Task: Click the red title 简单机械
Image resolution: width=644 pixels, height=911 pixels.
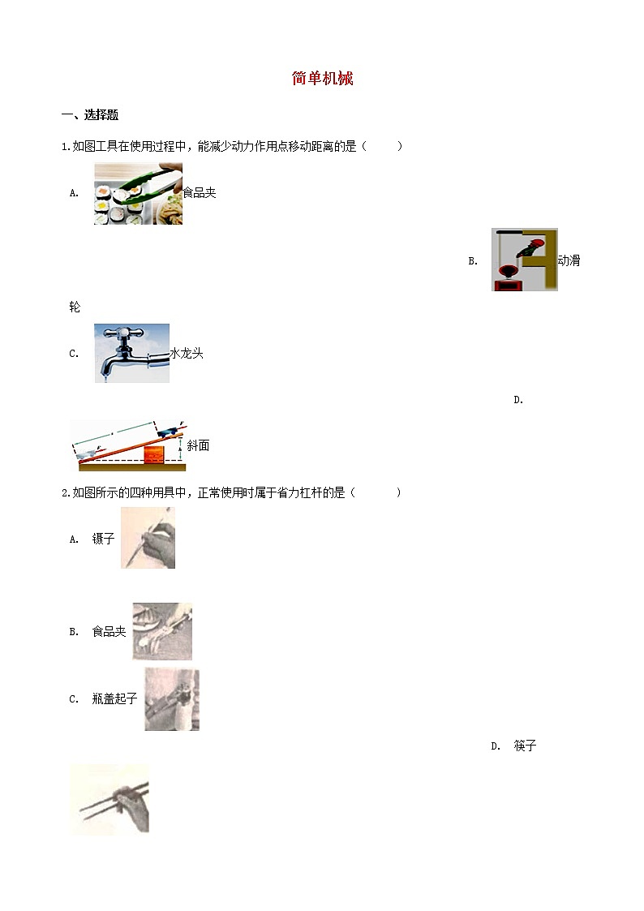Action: click(x=322, y=79)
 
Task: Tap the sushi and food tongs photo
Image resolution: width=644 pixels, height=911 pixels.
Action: click(x=138, y=193)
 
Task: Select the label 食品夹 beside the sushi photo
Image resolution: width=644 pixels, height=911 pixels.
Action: click(x=200, y=193)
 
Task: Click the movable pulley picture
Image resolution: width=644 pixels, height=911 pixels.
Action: click(x=524, y=260)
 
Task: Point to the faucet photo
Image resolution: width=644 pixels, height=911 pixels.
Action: click(x=131, y=352)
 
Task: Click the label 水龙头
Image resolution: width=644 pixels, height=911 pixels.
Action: click(x=187, y=353)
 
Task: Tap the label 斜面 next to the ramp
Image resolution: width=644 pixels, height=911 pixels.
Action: click(x=198, y=446)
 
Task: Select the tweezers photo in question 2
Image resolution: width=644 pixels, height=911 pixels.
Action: click(x=148, y=537)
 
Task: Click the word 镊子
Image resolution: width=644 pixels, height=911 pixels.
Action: click(x=104, y=539)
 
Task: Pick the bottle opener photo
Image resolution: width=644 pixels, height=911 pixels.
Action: click(x=172, y=699)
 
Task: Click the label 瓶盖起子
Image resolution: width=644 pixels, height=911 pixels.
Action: click(x=114, y=699)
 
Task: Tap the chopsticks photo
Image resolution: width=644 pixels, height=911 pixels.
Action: click(x=109, y=799)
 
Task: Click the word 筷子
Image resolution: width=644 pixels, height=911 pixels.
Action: click(x=526, y=746)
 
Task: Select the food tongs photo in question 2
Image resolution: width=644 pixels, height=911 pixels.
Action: click(x=162, y=631)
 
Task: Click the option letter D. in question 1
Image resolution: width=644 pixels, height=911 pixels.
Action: click(x=518, y=400)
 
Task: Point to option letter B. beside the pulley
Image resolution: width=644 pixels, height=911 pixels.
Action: click(x=473, y=261)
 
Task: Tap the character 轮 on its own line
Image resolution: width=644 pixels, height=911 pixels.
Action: click(x=75, y=307)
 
